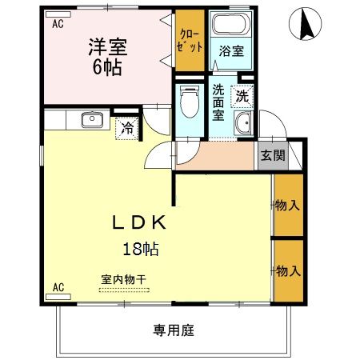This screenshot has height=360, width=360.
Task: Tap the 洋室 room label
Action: coord(106,55)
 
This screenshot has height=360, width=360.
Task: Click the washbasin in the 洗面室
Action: coord(242,123)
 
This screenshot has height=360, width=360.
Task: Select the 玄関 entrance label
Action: coord(270,155)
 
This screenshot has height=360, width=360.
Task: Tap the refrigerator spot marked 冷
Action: coord(127,127)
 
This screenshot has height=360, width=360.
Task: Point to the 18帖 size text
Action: coord(140,249)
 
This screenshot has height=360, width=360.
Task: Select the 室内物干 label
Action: coord(123,279)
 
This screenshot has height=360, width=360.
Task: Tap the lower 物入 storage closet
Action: coord(287,271)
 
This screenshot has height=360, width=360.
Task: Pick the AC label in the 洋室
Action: coord(58,24)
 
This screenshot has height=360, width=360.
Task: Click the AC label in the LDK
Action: coord(58,286)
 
